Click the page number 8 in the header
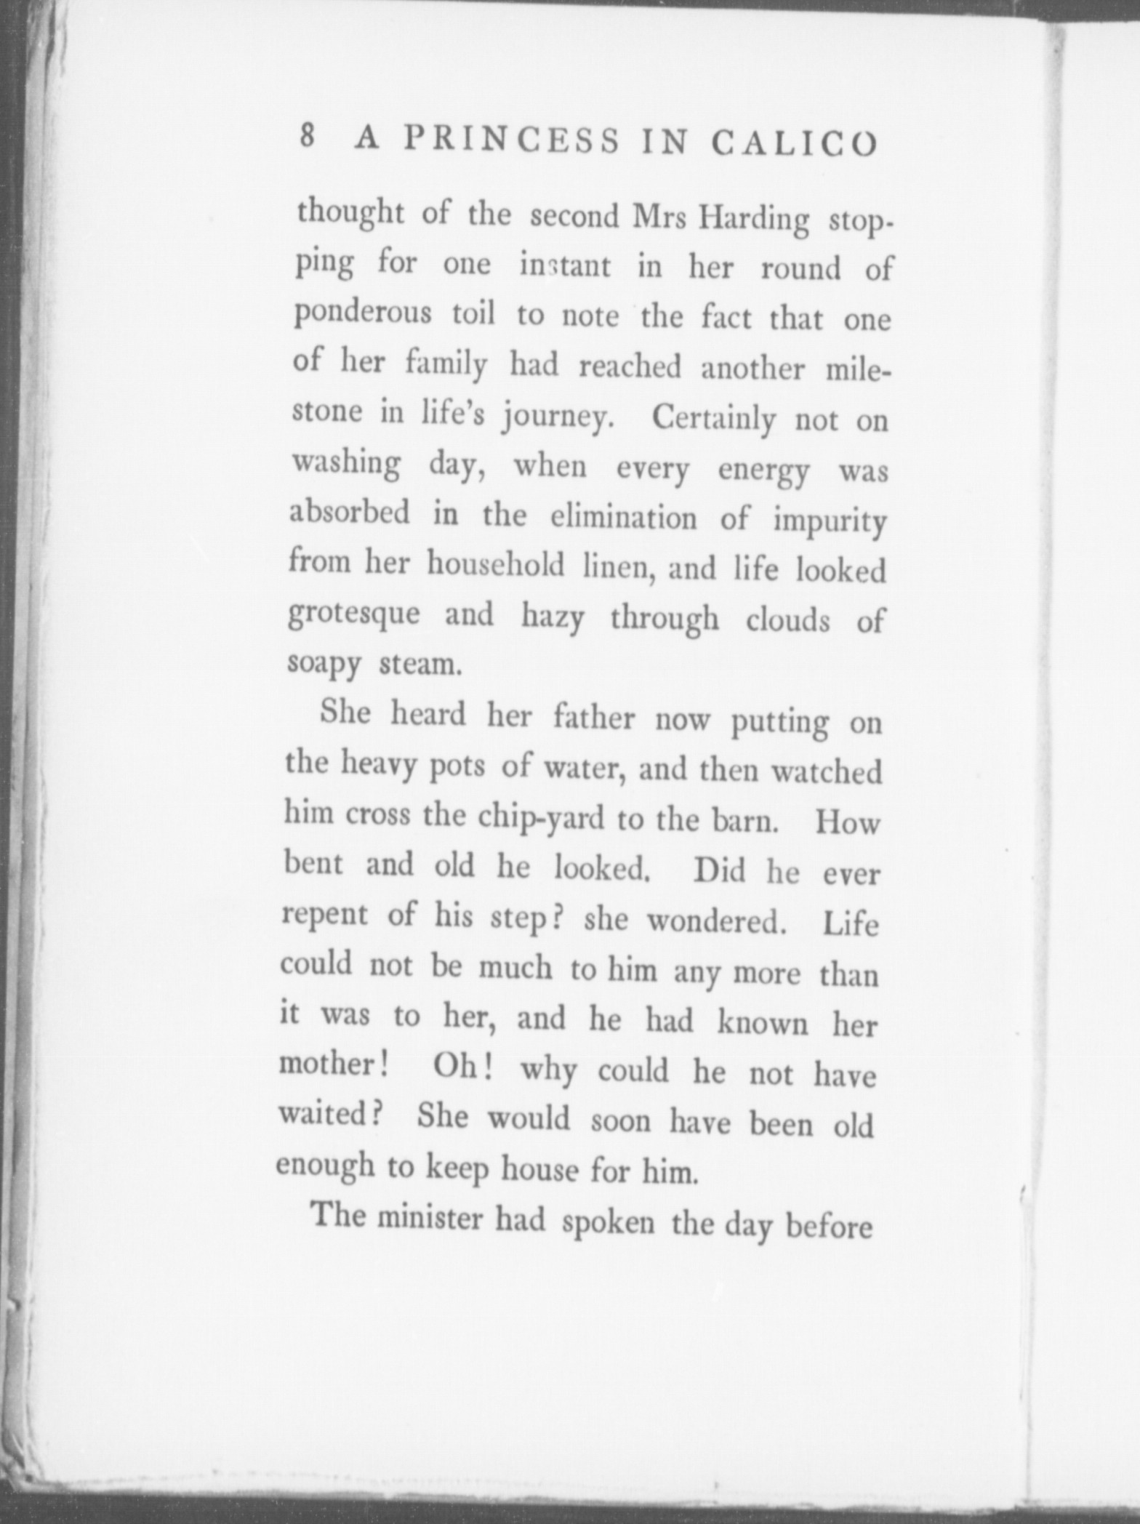pyautogui.click(x=308, y=136)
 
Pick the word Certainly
pyautogui.click(x=712, y=419)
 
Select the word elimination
pyautogui.click(x=623, y=518)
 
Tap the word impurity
pyautogui.click(x=830, y=522)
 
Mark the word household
pyautogui.click(x=495, y=565)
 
